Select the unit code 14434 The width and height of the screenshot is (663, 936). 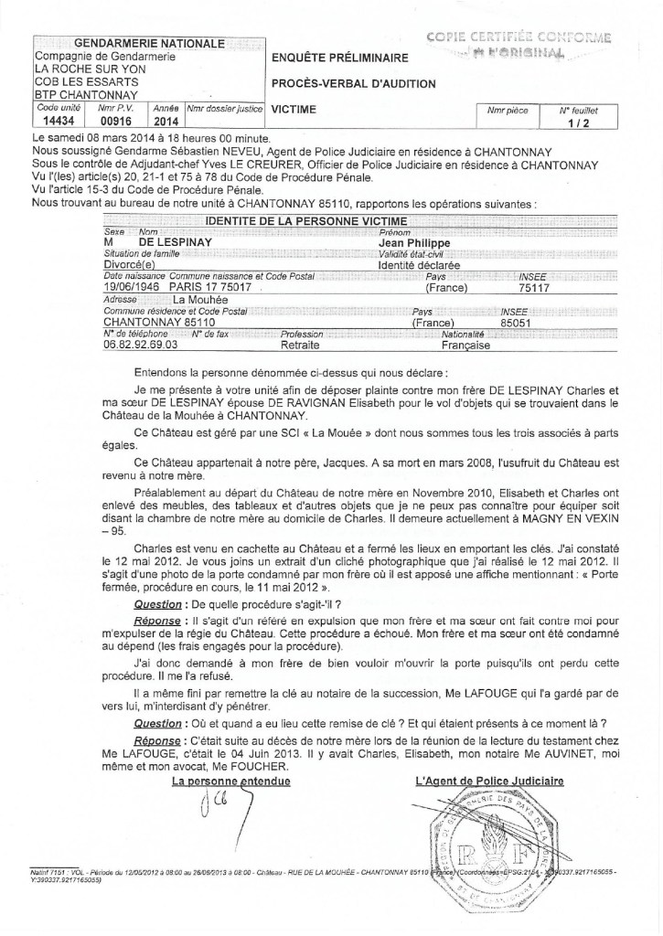coord(53,119)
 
